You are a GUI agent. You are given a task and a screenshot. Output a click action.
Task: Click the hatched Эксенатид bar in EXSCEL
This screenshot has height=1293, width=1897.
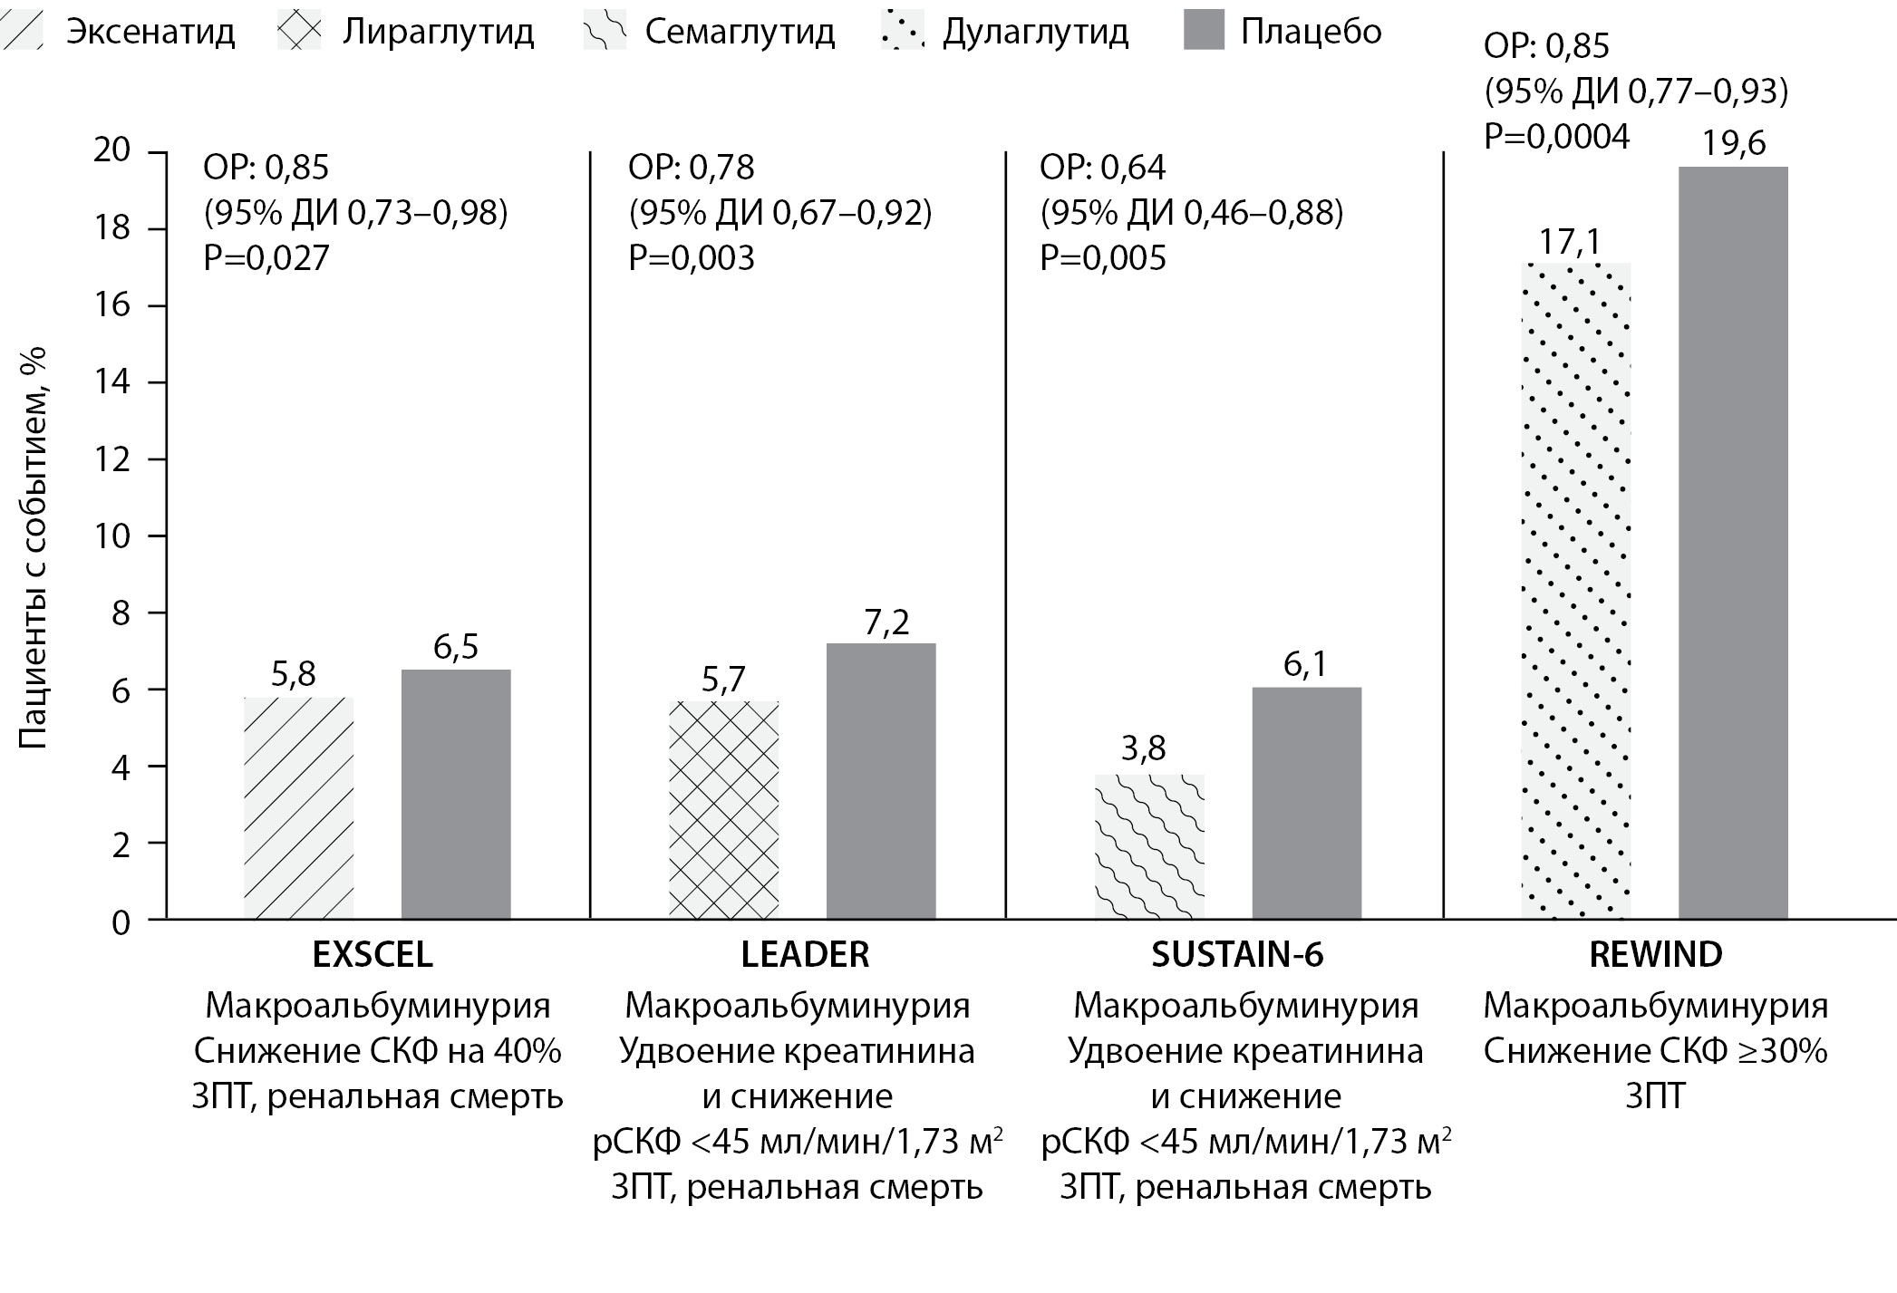pyautogui.click(x=298, y=807)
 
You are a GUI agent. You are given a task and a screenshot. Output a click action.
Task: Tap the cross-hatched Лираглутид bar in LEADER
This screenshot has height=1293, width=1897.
pyautogui.click(x=723, y=810)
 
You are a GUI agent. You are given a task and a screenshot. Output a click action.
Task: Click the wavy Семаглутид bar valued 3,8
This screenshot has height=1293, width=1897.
pyautogui.click(x=1149, y=846)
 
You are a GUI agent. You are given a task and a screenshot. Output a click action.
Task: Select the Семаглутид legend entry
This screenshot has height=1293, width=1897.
pyautogui.click(x=739, y=33)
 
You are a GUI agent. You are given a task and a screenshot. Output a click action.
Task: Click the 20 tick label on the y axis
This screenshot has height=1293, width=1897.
pyautogui.click(x=112, y=150)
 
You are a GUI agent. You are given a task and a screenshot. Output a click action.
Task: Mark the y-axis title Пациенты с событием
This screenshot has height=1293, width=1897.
pyautogui.click(x=34, y=548)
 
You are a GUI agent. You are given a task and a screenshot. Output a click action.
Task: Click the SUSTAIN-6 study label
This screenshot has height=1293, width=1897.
pyautogui.click(x=1237, y=955)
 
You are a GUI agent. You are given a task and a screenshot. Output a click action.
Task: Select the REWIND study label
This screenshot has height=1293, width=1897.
pyautogui.click(x=1655, y=955)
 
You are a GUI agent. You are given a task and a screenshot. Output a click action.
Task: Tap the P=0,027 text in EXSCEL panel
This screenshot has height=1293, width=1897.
pyautogui.click(x=266, y=258)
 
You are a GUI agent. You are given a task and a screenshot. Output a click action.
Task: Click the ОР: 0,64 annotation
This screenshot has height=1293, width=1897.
pyautogui.click(x=1102, y=168)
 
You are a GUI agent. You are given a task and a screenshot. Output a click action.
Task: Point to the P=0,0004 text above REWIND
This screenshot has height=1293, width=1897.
pyautogui.click(x=1556, y=137)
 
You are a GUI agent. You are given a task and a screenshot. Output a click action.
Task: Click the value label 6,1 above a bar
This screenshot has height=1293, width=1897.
pyautogui.click(x=1305, y=665)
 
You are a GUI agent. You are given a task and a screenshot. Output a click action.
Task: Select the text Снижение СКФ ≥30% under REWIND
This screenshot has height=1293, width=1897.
pyautogui.click(x=1655, y=1051)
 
